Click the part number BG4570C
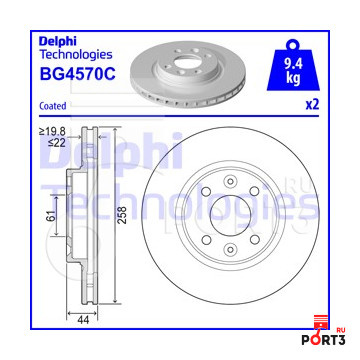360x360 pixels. tap(77, 74)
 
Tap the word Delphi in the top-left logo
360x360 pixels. tap(58, 41)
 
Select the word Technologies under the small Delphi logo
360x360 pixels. tap(76, 54)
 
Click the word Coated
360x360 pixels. tap(53, 106)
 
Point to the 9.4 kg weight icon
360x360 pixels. tap(293, 66)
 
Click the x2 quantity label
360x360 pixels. tap(312, 105)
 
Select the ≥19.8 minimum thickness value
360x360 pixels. tap(53, 131)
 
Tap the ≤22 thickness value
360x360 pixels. tap(57, 143)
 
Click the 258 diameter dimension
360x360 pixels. tap(123, 215)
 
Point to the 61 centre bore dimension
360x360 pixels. tap(51, 216)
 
